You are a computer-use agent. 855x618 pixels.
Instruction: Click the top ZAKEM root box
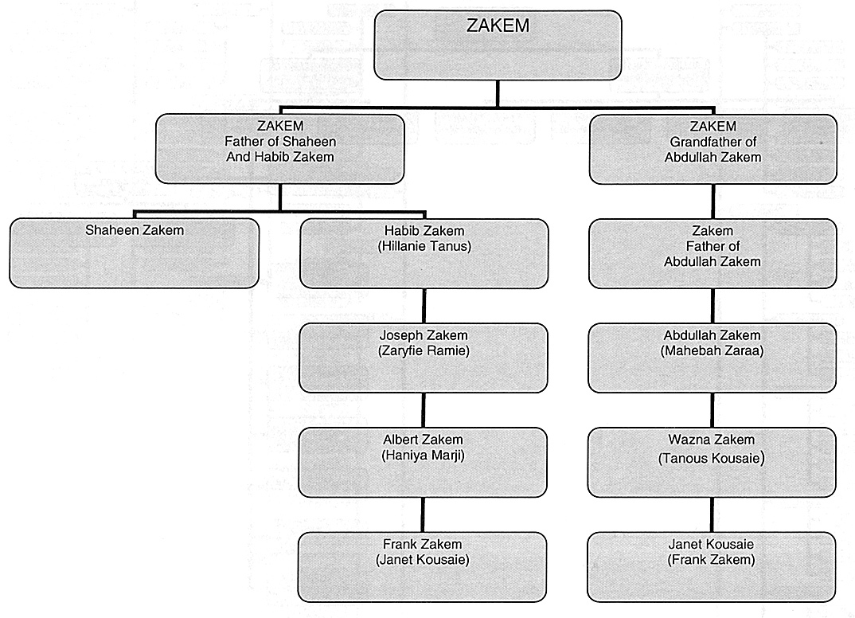pos(498,45)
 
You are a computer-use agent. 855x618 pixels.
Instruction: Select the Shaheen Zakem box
pos(134,253)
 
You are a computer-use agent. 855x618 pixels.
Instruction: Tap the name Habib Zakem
pos(424,231)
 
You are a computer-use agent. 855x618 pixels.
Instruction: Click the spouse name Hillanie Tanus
pos(424,246)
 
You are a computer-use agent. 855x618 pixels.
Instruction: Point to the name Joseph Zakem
pos(424,335)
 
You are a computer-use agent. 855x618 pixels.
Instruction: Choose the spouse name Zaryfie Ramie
pos(424,350)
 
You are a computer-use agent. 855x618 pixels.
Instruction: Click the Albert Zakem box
pos(423,463)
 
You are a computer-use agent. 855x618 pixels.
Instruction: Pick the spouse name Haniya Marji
pos(424,455)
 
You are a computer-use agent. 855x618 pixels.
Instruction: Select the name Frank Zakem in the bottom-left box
pos(423,544)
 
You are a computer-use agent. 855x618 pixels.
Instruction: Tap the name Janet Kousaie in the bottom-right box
pos(711,544)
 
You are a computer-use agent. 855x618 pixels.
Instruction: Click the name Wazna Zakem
pos(712,440)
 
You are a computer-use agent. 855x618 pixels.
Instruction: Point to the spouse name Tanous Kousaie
pos(712,458)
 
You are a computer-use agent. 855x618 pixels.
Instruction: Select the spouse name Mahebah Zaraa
pos(712,350)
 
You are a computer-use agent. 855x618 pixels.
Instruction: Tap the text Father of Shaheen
pos(280,141)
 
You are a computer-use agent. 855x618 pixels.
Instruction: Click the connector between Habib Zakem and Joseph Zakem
pos(424,306)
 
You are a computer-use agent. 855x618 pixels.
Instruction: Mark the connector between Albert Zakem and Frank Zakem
pos(423,515)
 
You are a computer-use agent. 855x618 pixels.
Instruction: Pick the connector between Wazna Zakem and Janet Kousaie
pos(712,515)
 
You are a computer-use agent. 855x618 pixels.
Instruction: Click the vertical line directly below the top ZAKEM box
pos(498,93)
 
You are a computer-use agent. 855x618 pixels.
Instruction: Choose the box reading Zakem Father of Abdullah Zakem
pos(712,253)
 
